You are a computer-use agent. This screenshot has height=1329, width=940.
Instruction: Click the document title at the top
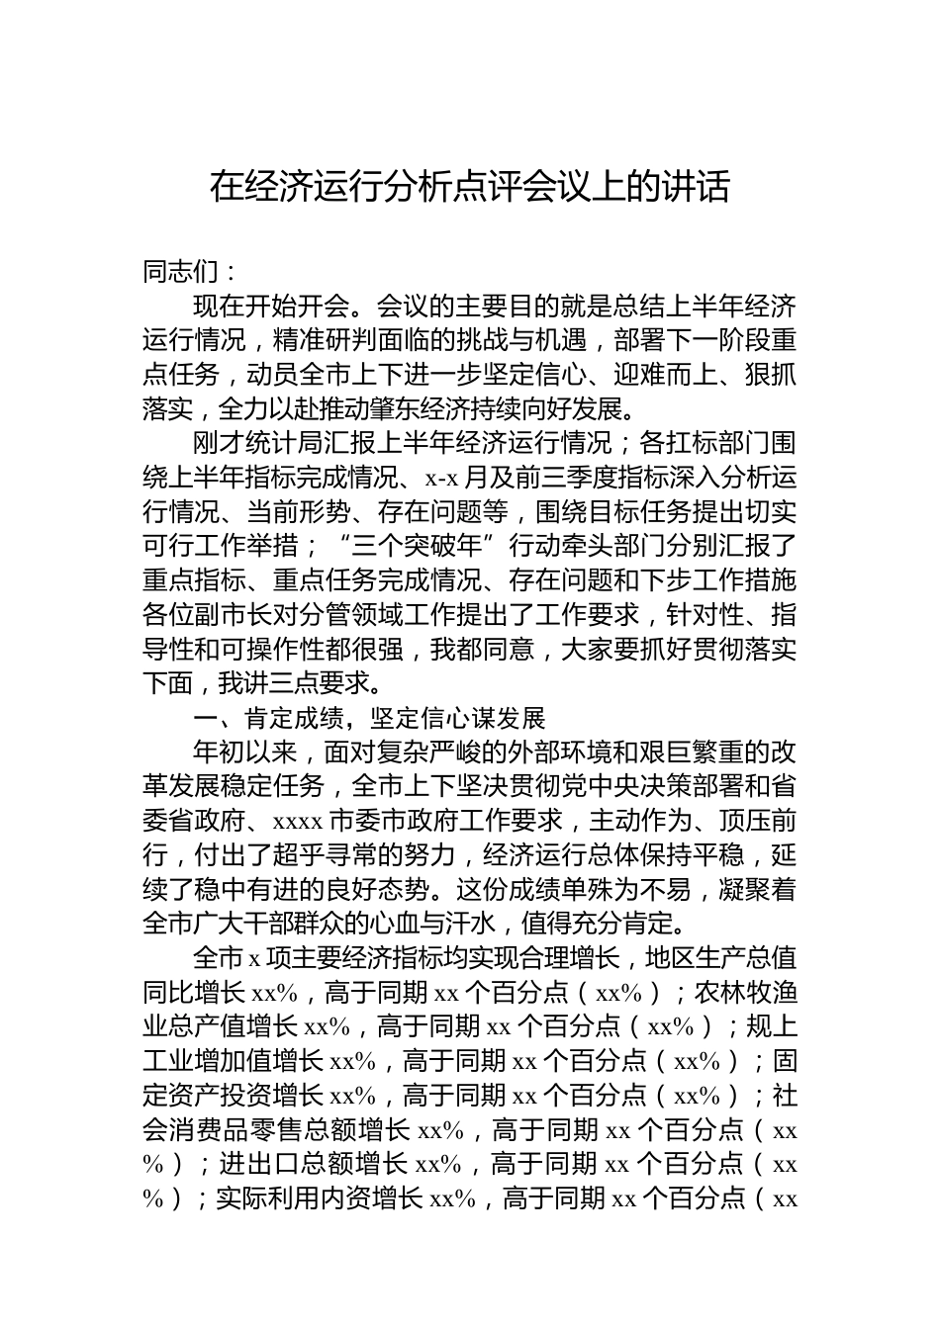(470, 186)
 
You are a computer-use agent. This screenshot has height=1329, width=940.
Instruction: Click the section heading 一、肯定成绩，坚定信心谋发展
(369, 718)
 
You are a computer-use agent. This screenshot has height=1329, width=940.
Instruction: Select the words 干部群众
(322, 924)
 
